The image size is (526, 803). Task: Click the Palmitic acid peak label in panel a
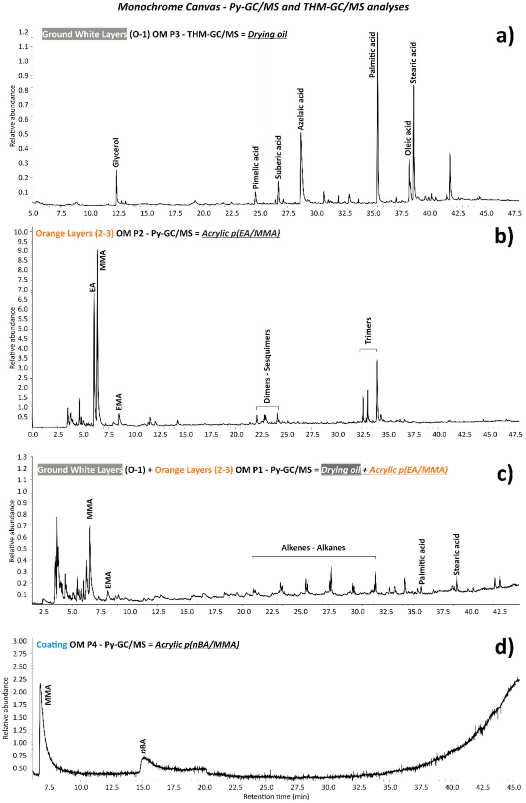point(372,55)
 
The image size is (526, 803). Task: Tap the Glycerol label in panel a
point(116,153)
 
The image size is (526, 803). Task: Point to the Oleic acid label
point(408,138)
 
